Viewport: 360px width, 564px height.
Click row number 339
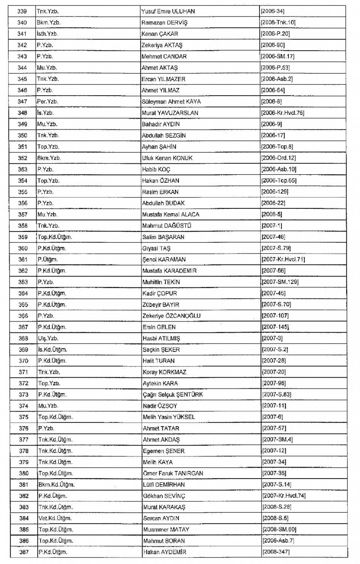tap(22, 11)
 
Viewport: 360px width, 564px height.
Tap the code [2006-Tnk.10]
tap(278, 22)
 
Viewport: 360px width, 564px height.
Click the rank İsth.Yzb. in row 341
tap(47, 34)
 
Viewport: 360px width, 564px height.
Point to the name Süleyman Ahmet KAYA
tap(171, 102)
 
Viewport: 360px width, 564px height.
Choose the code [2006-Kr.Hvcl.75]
tap(282, 113)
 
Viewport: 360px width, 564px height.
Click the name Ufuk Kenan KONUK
tap(167, 158)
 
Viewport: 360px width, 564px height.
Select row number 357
tap(22, 214)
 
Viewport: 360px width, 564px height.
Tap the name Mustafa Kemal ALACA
tap(171, 214)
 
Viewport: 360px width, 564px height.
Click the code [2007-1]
tap(271, 226)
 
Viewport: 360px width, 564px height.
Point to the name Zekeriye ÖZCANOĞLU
tap(171, 316)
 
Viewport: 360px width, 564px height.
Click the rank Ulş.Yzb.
tap(48, 338)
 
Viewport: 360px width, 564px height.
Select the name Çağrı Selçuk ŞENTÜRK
tap(173, 394)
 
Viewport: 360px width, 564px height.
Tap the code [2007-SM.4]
tap(277, 439)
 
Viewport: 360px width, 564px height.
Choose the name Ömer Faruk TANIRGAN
tap(173, 473)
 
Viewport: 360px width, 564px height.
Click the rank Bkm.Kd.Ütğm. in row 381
tap(56, 485)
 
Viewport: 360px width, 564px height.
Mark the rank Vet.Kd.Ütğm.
tap(55, 518)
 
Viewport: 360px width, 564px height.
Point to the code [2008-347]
tap(276, 552)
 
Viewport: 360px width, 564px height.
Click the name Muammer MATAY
tap(166, 530)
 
